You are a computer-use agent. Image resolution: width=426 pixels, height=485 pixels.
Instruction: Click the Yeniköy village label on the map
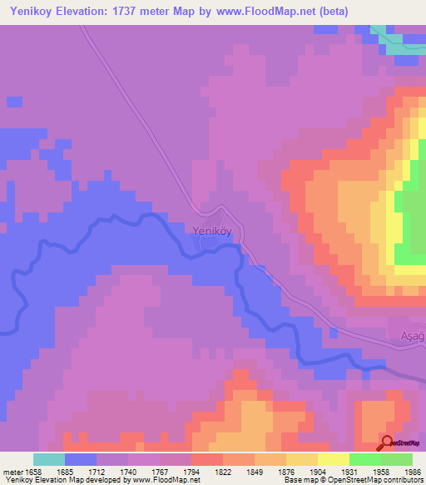(211, 232)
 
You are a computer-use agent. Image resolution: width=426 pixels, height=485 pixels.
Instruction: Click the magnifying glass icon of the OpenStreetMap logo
(388, 443)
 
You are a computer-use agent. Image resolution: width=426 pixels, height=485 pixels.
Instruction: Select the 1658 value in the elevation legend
(34, 471)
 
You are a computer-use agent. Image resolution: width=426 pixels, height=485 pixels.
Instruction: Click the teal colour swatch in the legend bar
(49, 459)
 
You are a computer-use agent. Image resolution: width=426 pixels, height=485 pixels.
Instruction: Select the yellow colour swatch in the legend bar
(334, 459)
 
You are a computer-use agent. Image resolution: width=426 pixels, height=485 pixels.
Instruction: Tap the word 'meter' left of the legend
(12, 471)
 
